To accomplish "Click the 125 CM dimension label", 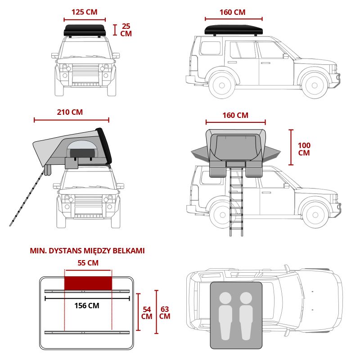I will click(85, 12).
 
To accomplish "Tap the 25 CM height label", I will click(126, 30).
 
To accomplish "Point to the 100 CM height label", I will click(304, 149).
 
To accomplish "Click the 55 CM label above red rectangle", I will click(88, 263).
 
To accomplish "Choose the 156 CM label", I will click(87, 306).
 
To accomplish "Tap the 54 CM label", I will click(147, 313).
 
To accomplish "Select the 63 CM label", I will click(165, 313).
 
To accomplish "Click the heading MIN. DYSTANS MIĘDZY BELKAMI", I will click(87, 251).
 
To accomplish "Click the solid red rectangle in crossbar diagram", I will click(88, 283).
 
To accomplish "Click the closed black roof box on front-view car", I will click(85, 31).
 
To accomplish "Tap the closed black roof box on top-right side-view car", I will click(234, 30).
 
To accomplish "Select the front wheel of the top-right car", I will click(314, 85).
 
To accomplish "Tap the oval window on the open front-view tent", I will click(82, 149).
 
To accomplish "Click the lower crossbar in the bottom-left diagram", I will click(87, 333).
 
